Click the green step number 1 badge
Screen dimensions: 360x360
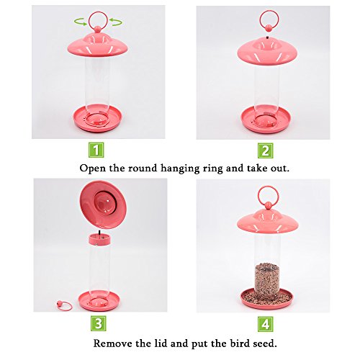pyautogui.click(x=96, y=150)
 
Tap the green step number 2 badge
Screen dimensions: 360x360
pyautogui.click(x=266, y=150)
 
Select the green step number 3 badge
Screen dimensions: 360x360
pyautogui.click(x=99, y=323)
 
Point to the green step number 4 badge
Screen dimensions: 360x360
pyautogui.click(x=266, y=324)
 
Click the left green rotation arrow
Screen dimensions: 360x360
pyautogui.click(x=81, y=22)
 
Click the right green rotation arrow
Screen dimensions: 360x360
pyautogui.click(x=116, y=22)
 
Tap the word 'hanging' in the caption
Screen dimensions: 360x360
pyautogui.click(x=180, y=168)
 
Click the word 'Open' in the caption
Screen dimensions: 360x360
pyautogui.click(x=92, y=168)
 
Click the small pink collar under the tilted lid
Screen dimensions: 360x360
pyautogui.click(x=99, y=240)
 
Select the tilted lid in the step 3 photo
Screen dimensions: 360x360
pyautogui.click(x=103, y=204)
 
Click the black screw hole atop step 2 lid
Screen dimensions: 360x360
pyautogui.click(x=267, y=37)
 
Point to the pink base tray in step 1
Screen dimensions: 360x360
pyautogui.click(x=98, y=119)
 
